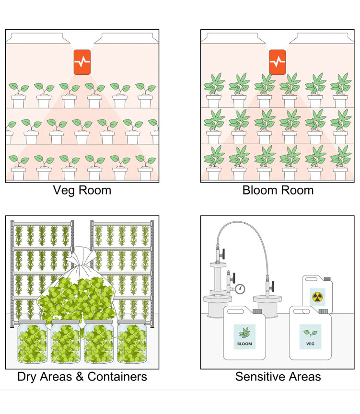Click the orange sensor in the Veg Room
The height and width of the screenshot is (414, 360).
click(81, 62)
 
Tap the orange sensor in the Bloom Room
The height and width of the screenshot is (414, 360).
click(277, 62)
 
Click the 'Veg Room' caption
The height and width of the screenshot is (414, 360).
click(81, 190)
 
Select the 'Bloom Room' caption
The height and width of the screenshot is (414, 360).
click(278, 190)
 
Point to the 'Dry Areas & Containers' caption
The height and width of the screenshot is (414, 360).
click(82, 377)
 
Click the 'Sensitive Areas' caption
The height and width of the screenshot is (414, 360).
click(278, 377)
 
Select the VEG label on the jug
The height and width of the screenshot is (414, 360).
click(311, 336)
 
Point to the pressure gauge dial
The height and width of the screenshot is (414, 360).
click(240, 288)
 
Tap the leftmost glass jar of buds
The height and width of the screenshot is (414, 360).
click(32, 341)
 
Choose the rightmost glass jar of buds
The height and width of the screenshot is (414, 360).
click(132, 341)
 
